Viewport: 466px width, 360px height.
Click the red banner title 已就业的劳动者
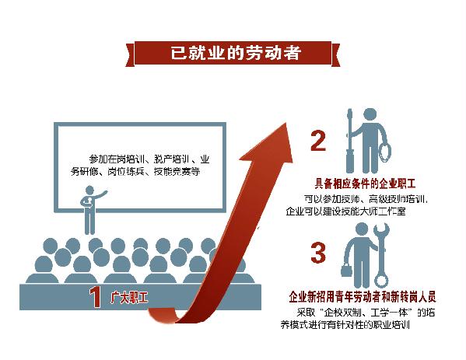tap(236, 53)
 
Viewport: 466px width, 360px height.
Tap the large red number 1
tap(95, 297)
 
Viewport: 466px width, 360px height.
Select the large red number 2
tap(318, 142)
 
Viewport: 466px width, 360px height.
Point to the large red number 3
tap(318, 253)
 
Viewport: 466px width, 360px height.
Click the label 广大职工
tap(129, 297)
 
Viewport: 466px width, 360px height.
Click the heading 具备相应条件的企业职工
tap(365, 183)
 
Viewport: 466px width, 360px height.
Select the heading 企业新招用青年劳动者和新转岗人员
tap(363, 297)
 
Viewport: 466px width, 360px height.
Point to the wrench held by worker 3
tap(381, 256)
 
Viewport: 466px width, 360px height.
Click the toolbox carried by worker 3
tap(346, 270)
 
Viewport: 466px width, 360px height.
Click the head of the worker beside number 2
tap(370, 115)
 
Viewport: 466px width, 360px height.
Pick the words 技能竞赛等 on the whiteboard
tap(177, 172)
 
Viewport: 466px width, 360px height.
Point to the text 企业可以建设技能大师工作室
tap(345, 211)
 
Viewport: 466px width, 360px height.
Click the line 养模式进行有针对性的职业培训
tap(345, 325)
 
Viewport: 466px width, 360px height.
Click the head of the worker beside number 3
tap(362, 230)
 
